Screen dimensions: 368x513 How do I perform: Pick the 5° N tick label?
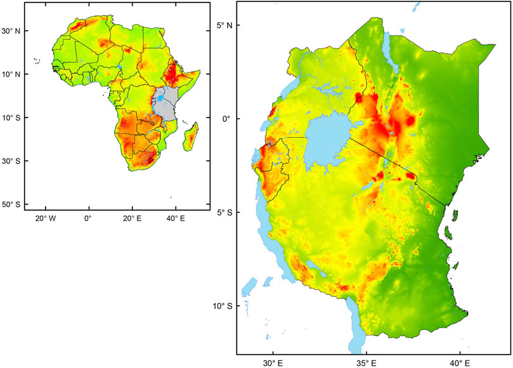(224, 25)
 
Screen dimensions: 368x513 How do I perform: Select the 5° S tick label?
(224, 213)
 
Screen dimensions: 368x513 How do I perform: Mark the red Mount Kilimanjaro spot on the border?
(410, 175)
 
